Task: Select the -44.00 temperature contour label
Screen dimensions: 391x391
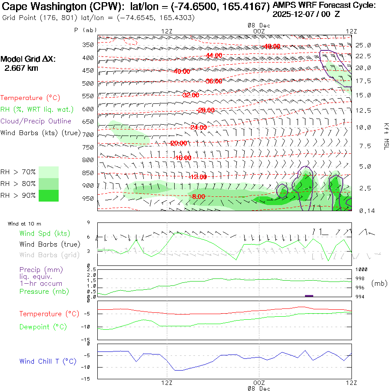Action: (214, 56)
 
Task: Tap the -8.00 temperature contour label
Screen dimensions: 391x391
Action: (198, 197)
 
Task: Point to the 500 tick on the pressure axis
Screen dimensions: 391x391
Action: (88, 83)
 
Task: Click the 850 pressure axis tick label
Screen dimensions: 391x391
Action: (88, 173)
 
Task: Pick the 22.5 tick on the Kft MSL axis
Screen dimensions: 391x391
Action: (363, 56)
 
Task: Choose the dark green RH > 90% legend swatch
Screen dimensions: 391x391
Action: (49, 195)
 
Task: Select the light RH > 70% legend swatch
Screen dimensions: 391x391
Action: (49, 172)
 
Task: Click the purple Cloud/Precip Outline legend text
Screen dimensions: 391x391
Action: (36, 121)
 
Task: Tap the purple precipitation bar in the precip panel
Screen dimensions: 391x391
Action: (309, 296)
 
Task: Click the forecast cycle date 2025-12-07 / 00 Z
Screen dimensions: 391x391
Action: (306, 14)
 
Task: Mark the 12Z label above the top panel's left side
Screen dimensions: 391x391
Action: (167, 31)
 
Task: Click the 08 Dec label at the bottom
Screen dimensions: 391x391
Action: (259, 388)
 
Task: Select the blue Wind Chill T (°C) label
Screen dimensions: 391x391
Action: (48, 361)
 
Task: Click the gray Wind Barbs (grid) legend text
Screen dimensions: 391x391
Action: (45, 255)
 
